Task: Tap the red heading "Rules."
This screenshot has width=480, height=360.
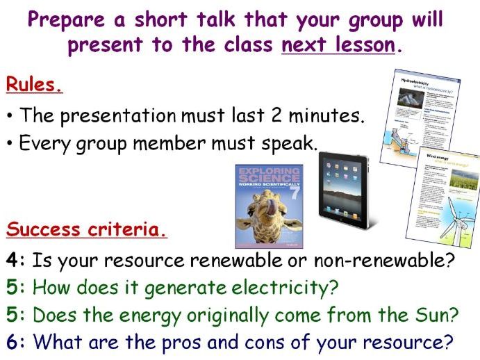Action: tap(35, 85)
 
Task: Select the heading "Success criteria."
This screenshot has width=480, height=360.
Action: tap(87, 230)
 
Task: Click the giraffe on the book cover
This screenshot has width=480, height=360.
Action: tap(267, 215)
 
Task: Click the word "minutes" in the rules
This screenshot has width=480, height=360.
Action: tap(324, 115)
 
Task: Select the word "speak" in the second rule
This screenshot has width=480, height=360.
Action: tap(291, 144)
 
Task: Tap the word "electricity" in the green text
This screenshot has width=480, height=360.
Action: tap(272, 288)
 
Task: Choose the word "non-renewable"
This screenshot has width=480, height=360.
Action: tap(387, 262)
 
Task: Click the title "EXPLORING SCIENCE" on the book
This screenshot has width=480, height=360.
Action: tap(269, 175)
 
